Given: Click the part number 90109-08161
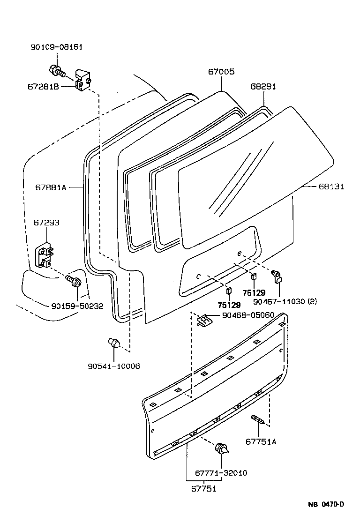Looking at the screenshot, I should (57, 47).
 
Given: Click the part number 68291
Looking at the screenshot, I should (263, 87).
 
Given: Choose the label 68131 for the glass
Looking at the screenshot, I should (331, 187).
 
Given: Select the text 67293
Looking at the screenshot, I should (46, 222).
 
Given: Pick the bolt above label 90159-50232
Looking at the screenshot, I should (75, 282).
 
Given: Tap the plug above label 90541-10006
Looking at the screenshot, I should (114, 343).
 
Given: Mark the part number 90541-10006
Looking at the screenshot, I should (114, 366).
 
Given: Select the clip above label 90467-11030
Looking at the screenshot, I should (277, 276).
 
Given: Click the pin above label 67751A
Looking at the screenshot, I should (258, 419).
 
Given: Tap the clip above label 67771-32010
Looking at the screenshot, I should (222, 449).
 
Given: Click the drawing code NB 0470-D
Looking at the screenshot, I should (326, 504).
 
